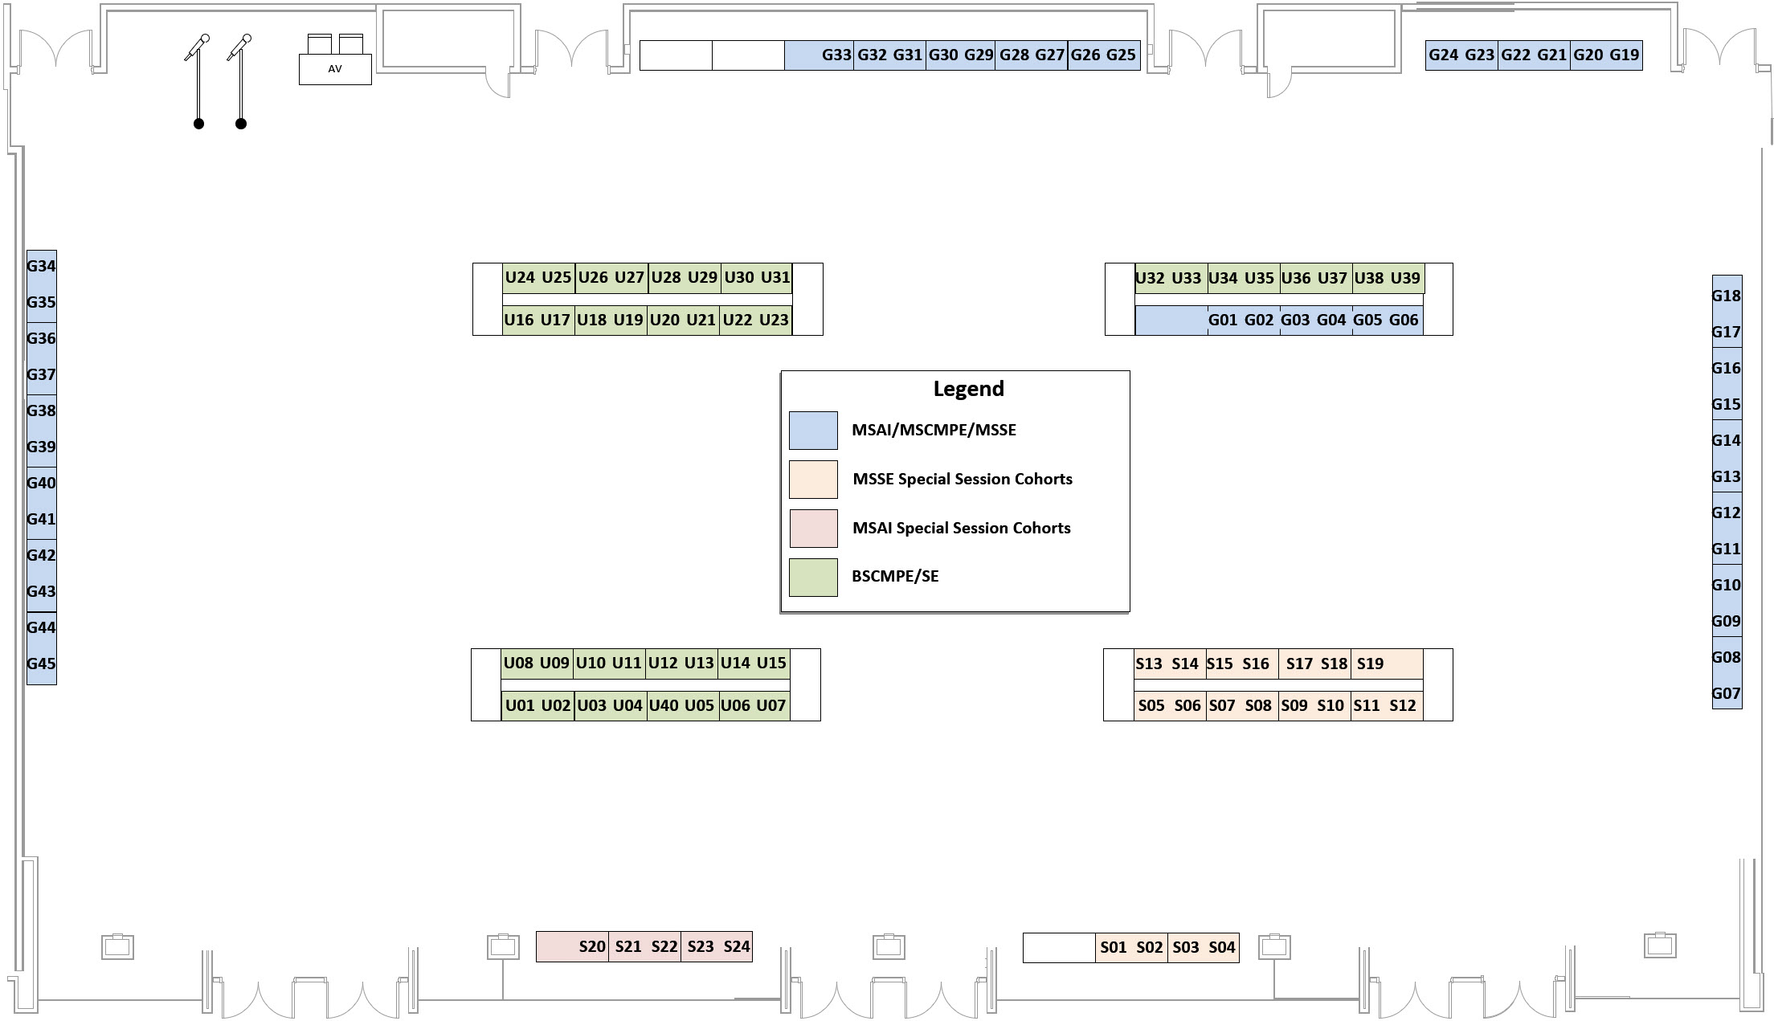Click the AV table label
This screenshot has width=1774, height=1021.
[335, 69]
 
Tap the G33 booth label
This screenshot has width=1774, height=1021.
[836, 55]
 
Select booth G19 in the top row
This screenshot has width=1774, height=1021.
[1624, 55]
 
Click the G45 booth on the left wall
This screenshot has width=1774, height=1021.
[41, 664]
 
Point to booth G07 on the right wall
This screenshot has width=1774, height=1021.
[1726, 694]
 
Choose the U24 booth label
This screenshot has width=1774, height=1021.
[520, 278]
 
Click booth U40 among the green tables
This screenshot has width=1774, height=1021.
[664, 706]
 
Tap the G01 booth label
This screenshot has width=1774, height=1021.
[1222, 321]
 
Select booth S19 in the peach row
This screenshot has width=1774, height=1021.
[1370, 664]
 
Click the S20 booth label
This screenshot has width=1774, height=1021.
[592, 947]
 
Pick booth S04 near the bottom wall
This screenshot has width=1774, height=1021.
[1221, 948]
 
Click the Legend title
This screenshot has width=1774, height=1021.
[968, 389]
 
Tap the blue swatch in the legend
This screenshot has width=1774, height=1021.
[813, 431]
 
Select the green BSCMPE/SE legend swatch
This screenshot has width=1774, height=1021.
[813, 578]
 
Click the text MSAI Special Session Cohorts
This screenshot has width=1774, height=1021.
[961, 529]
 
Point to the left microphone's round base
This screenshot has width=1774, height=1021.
[198, 124]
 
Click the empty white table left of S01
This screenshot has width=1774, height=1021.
[1059, 948]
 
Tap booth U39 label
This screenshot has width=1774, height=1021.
[1404, 279]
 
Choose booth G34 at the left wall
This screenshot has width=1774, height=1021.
[41, 267]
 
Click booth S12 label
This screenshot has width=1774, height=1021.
[1402, 706]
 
